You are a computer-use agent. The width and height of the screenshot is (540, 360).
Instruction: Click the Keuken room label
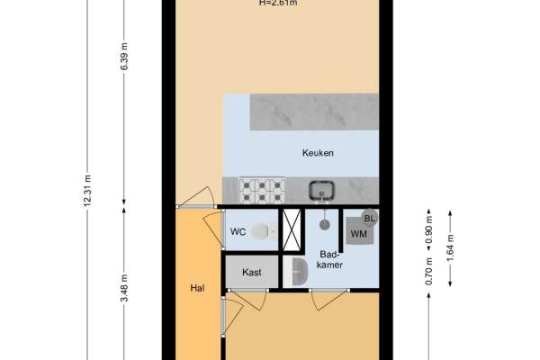[318, 153]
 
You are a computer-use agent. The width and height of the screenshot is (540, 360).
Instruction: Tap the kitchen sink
[321, 191]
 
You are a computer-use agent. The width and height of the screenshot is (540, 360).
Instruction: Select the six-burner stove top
[262, 191]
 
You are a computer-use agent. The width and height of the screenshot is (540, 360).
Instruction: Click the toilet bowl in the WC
[263, 230]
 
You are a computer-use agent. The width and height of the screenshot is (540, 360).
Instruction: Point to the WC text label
[238, 232]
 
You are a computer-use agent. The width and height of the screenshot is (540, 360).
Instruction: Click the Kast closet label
[252, 273]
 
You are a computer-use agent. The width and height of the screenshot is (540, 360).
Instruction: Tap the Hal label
[197, 288]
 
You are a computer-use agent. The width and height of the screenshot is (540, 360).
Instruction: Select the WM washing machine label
[359, 234]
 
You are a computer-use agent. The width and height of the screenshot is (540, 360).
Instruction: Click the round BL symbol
[370, 218]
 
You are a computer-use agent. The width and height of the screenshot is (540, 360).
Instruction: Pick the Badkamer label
[329, 259]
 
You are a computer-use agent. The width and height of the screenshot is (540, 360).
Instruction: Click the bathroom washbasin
[300, 272]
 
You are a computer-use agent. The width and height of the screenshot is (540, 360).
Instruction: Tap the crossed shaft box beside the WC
[292, 229]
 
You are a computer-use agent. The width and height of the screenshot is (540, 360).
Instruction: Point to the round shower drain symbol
[324, 225]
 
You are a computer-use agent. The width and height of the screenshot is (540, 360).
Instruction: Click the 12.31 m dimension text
[87, 191]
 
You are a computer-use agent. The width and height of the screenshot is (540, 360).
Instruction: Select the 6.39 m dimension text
[124, 57]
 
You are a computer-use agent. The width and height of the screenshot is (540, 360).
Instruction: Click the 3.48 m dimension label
[124, 288]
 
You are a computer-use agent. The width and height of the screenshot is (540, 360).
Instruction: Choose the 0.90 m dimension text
[429, 229]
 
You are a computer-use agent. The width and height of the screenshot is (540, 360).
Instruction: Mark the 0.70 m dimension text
[429, 272]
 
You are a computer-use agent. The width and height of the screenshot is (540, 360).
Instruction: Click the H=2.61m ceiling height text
[278, 3]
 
